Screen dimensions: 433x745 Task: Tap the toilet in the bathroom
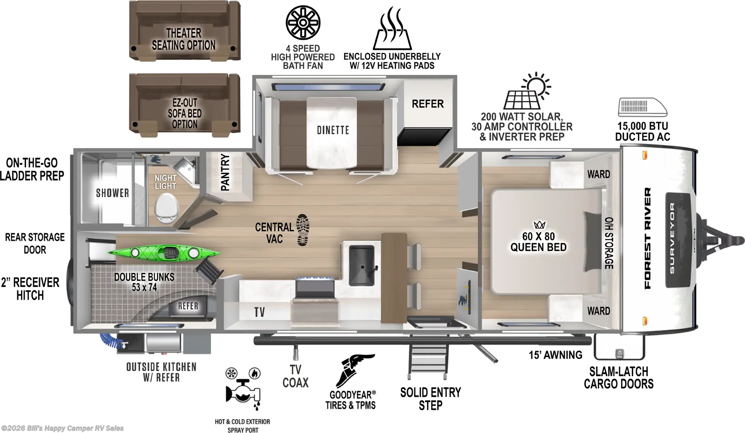(166, 208)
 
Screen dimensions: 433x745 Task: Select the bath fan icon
(303, 22)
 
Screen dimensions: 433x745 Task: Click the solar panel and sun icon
(527, 92)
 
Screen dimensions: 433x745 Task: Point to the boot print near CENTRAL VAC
(303, 230)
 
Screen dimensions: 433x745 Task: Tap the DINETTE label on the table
(333, 130)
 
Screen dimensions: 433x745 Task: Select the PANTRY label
(225, 172)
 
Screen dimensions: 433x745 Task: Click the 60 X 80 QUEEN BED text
(538, 242)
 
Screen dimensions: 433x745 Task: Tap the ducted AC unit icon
(642, 107)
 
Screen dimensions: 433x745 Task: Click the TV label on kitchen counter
(259, 312)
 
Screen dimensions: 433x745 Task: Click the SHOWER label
(112, 193)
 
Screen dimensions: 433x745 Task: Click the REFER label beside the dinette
(427, 104)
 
